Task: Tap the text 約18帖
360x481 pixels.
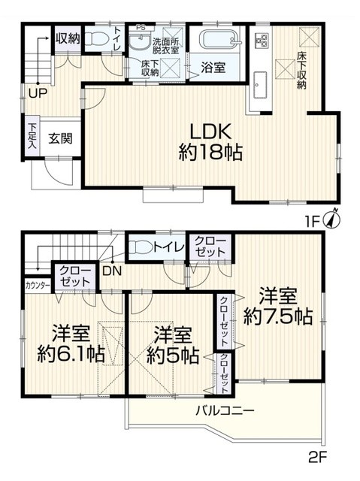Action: click(x=210, y=153)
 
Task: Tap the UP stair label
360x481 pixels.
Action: click(x=37, y=94)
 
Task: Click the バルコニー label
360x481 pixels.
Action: click(x=225, y=411)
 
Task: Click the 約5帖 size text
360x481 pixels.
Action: click(x=172, y=343)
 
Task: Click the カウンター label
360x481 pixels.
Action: click(x=38, y=285)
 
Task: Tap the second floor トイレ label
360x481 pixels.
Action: click(x=165, y=244)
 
